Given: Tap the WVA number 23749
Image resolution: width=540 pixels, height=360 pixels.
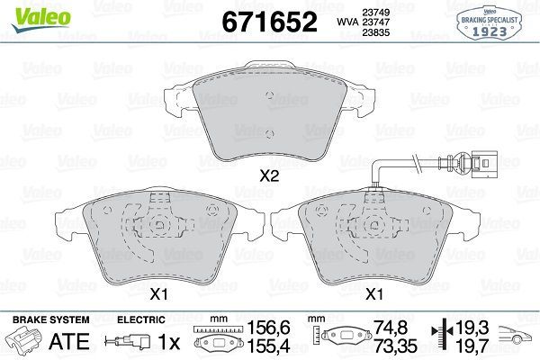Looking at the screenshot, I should pos(387,12).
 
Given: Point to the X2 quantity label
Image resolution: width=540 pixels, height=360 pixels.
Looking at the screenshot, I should pos(268,177).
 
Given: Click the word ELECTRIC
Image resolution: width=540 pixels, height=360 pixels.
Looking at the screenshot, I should pos(141,319).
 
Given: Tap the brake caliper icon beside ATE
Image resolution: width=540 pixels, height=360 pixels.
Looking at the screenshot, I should pos(25,342).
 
